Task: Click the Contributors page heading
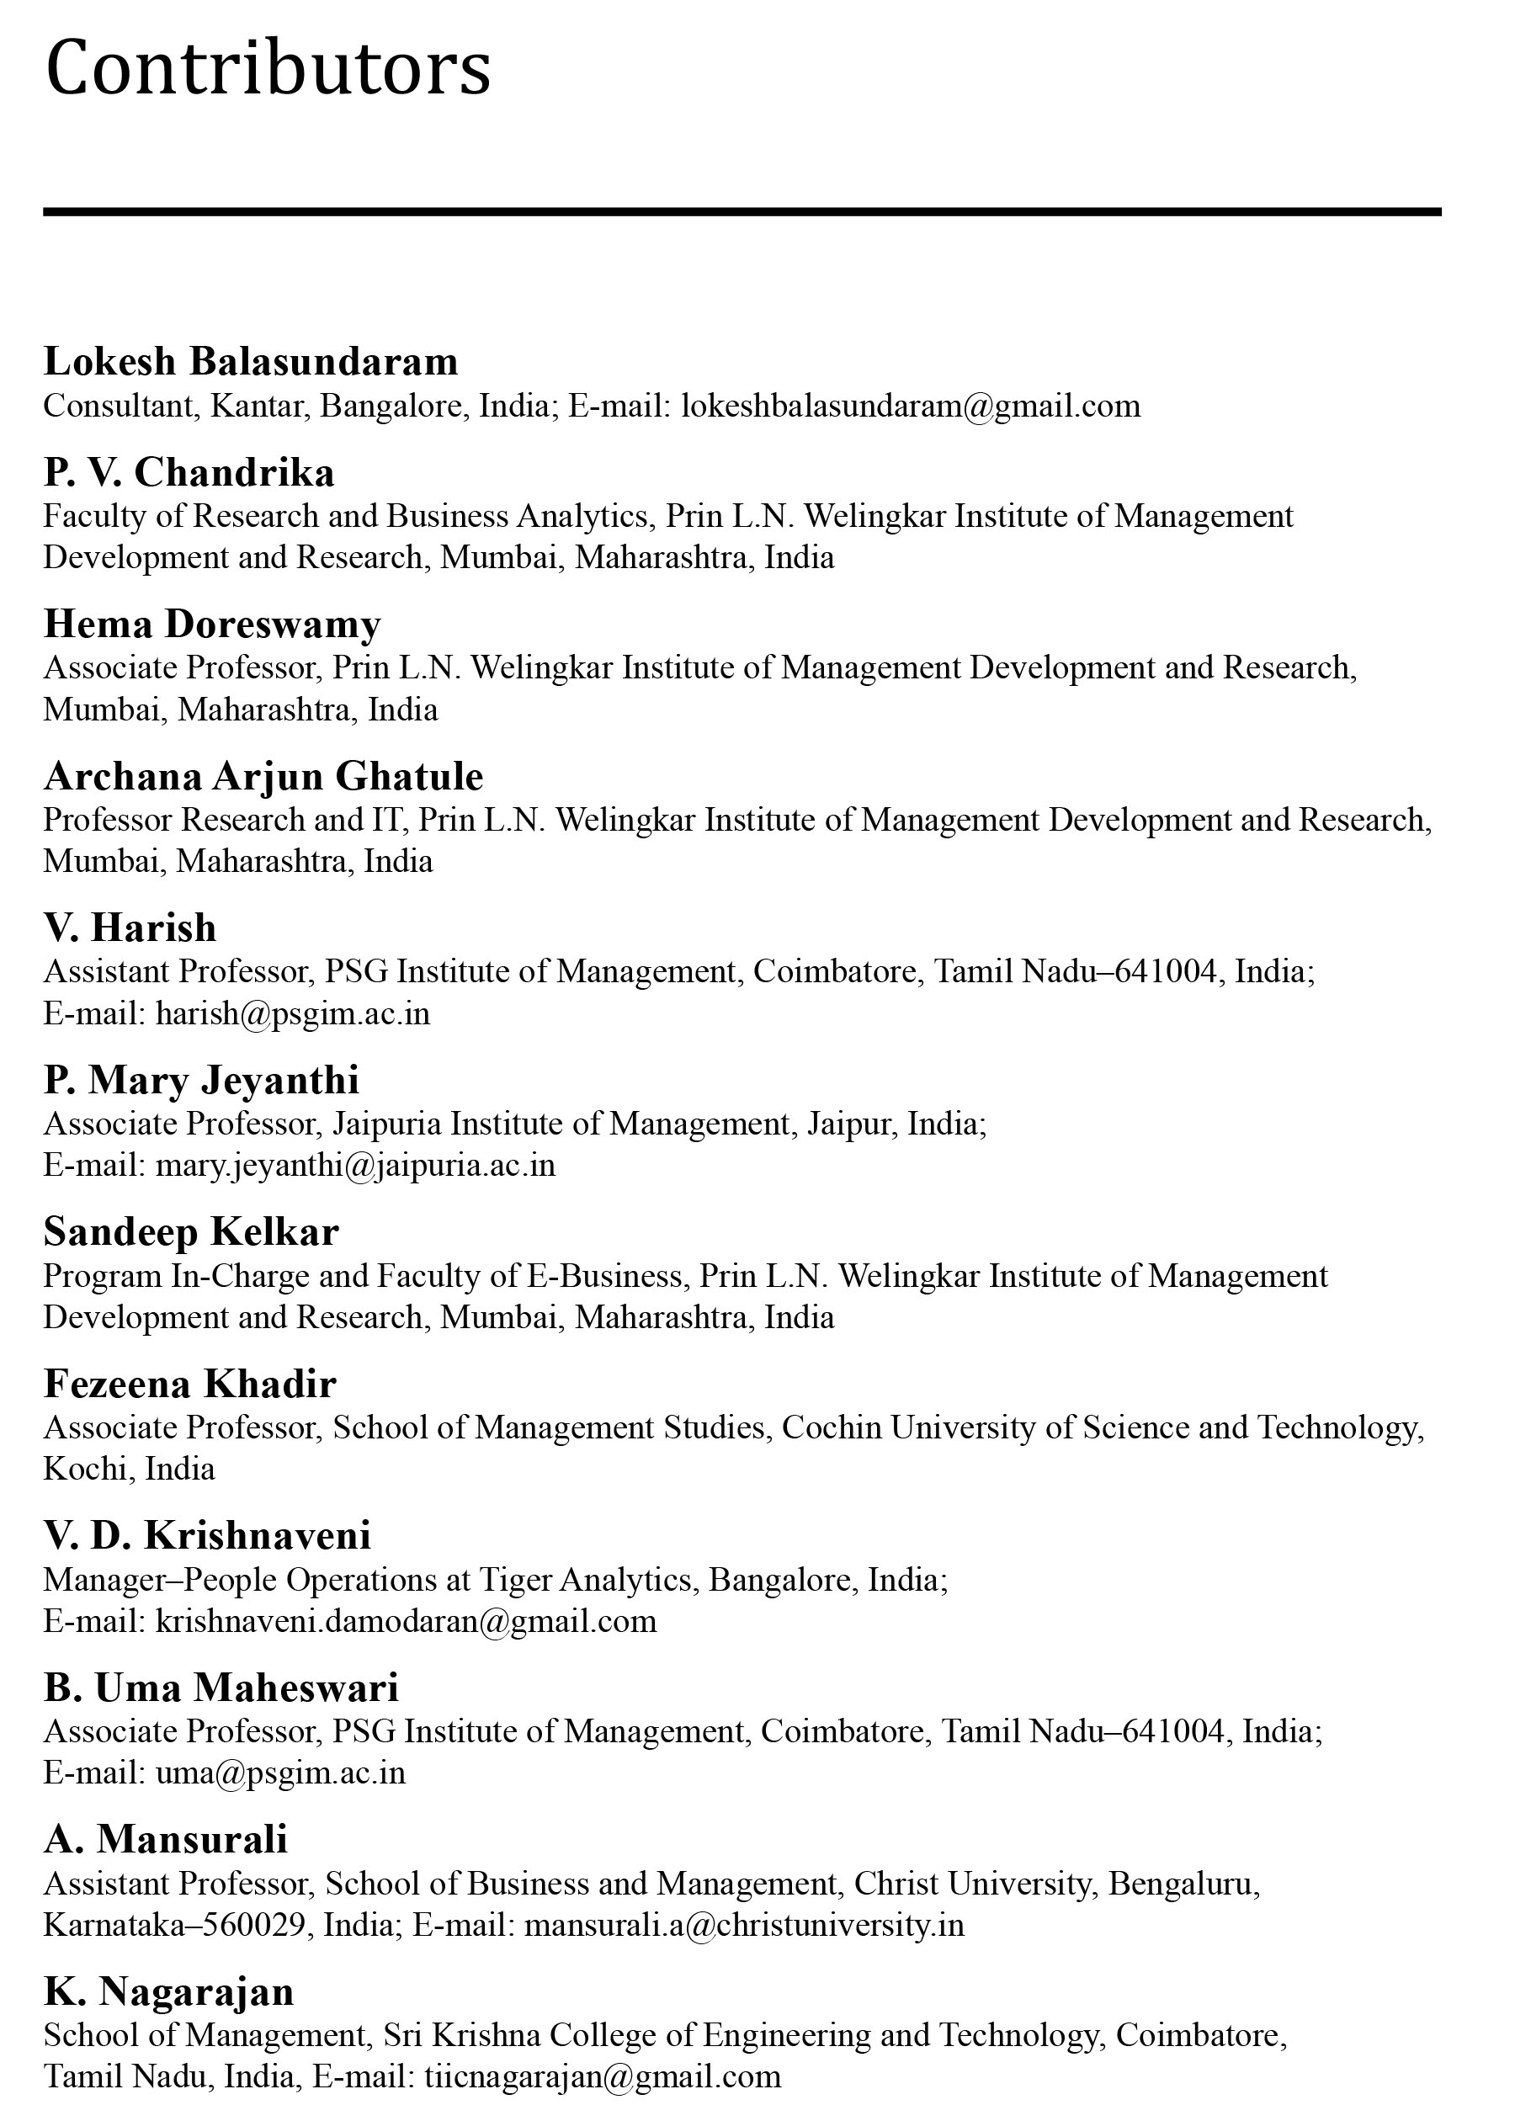[x=268, y=67]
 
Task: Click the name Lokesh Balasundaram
[x=251, y=361]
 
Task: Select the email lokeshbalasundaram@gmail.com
[x=910, y=406]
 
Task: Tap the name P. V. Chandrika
[x=189, y=472]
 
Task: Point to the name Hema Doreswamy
[x=211, y=624]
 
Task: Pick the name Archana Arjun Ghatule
[x=263, y=776]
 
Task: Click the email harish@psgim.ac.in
[x=292, y=1013]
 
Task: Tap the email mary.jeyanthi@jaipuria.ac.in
[x=354, y=1165]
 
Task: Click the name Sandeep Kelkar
[x=190, y=1231]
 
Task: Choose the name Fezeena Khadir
[x=189, y=1384]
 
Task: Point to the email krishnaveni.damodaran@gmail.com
[x=406, y=1620]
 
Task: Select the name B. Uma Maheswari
[x=221, y=1688]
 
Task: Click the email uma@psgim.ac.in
[x=280, y=1773]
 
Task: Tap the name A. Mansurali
[x=165, y=1840]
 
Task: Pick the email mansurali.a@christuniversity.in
[x=743, y=1925]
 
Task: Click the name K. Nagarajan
[x=169, y=1991]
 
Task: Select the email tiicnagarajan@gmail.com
[x=602, y=2076]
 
